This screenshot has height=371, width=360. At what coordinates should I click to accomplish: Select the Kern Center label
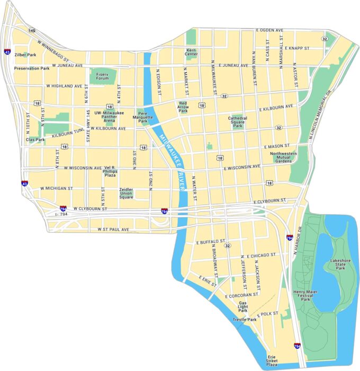[x=191, y=52]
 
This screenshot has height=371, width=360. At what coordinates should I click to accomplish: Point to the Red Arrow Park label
[x=183, y=107]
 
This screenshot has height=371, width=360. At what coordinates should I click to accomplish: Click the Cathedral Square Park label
[x=238, y=122]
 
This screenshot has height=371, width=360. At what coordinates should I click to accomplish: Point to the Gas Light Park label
[x=243, y=307]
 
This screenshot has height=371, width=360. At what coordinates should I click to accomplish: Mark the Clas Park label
[x=35, y=139]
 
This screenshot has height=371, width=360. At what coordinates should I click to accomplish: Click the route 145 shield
[x=32, y=31]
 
